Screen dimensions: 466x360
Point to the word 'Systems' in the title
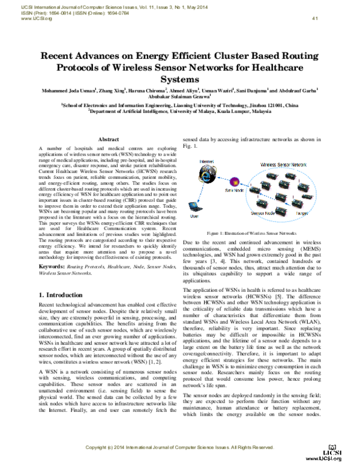[x=179, y=79]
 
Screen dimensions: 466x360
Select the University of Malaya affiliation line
[x=179, y=110]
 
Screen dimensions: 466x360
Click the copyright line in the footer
[x=179, y=447]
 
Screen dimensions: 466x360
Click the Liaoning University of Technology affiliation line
[x=179, y=104]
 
